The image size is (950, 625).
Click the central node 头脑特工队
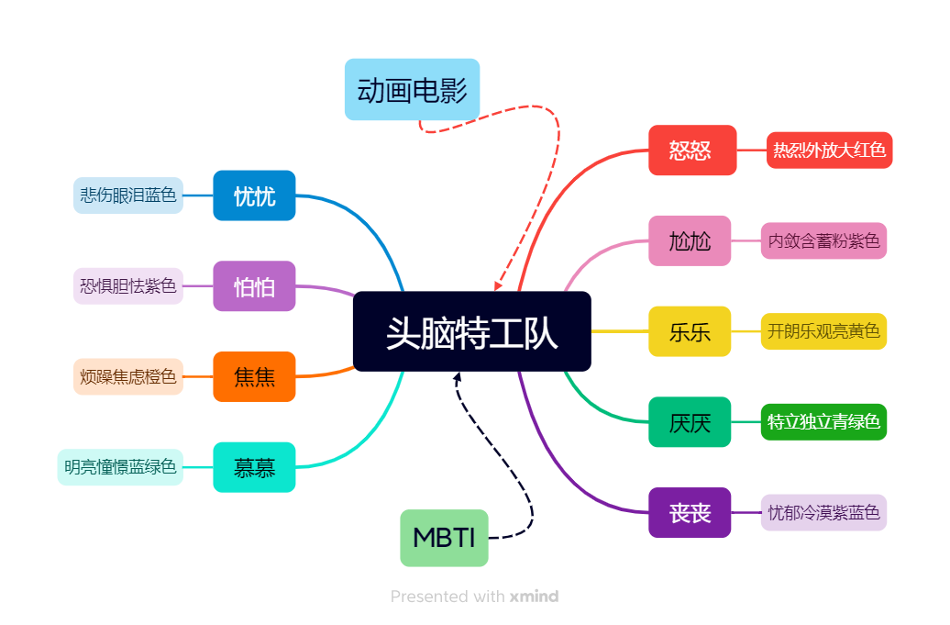point(471,331)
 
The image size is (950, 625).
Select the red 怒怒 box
point(692,150)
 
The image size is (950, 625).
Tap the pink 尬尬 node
point(690,240)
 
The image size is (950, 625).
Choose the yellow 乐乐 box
point(690,330)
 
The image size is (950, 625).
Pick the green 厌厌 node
point(690,422)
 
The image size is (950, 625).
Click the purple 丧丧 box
point(690,512)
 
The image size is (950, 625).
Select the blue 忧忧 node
point(254,195)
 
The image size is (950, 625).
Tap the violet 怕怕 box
point(254,285)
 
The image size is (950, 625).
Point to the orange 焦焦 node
point(254,376)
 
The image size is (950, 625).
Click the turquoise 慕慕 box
point(254,467)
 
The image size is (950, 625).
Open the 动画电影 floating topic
point(412,90)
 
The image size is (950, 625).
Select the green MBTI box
point(444,538)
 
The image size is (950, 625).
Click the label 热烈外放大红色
point(829,150)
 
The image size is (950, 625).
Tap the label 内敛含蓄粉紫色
point(823,240)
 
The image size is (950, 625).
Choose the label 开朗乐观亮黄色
point(823,330)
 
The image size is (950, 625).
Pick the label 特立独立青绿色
point(823,422)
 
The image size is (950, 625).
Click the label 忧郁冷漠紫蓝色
point(823,512)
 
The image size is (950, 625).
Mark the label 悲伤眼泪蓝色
point(128,195)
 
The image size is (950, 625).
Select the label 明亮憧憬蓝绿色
point(120,467)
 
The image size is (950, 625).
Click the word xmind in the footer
point(534,597)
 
